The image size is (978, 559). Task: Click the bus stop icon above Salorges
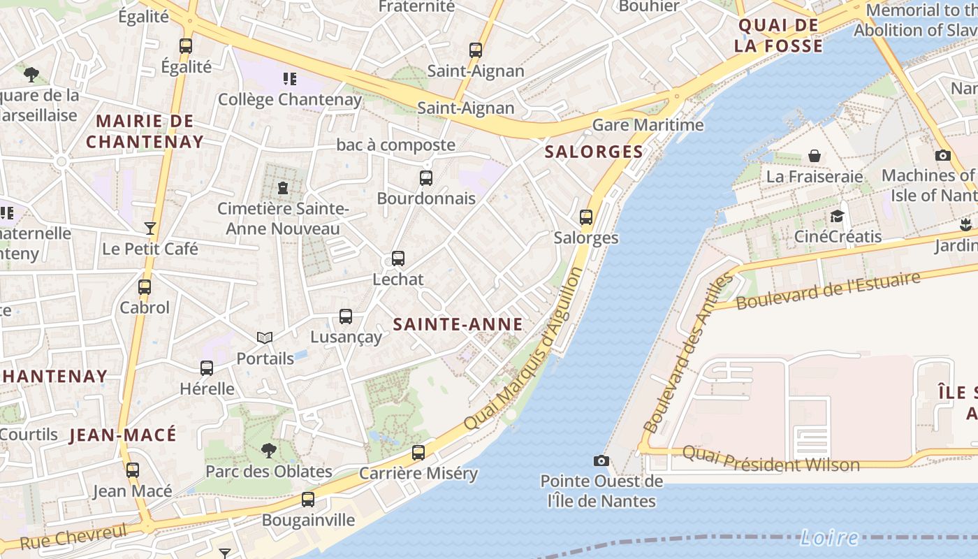[x=586, y=217]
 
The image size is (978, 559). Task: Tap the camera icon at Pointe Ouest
[x=601, y=460]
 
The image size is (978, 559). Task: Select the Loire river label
[x=829, y=537]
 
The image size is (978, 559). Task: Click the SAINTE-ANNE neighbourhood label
[x=458, y=324]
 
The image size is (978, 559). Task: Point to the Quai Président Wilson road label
[x=771, y=459]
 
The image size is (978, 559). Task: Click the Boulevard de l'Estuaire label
[x=828, y=291]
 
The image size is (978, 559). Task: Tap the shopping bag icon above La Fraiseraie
[x=815, y=156]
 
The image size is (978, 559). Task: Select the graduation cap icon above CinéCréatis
[x=837, y=216]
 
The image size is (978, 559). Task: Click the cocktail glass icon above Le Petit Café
[x=149, y=228]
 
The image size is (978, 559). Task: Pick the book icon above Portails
[x=265, y=338]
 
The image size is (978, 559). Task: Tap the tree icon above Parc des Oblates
[x=268, y=451]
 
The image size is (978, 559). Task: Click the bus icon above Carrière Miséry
[x=418, y=453]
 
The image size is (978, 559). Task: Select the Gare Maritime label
[x=648, y=125]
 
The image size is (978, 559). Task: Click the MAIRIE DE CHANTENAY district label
[x=145, y=131]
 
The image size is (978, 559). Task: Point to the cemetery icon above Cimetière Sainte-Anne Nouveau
[x=282, y=188]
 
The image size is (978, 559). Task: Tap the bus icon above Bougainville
[x=308, y=500]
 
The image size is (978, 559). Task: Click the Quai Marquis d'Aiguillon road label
[x=523, y=349]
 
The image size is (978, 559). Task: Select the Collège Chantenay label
[x=290, y=99]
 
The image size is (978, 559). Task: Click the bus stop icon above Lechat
[x=398, y=259]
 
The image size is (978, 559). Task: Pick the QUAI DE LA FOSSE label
[x=780, y=36]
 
